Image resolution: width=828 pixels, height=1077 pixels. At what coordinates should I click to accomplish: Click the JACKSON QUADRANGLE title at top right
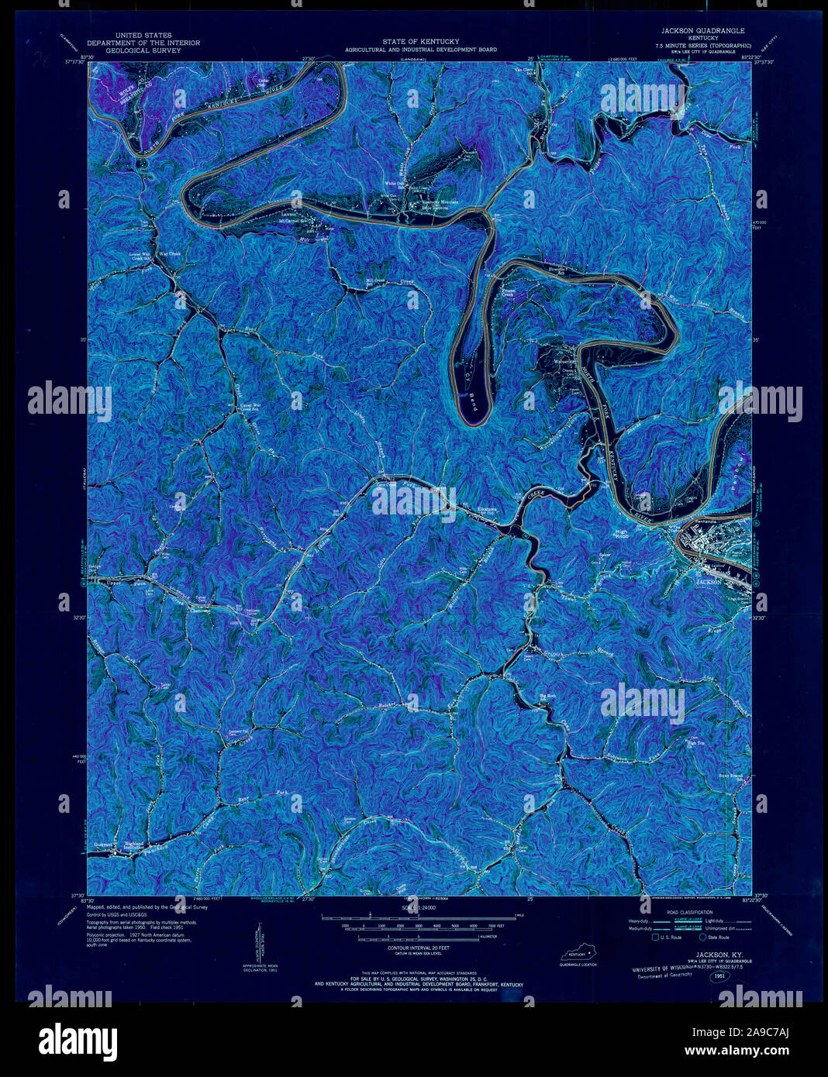[x=702, y=30]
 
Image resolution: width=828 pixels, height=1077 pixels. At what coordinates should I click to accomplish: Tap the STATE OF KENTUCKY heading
[x=420, y=41]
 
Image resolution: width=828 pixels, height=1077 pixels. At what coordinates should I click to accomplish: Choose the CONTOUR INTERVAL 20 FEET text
[x=419, y=948]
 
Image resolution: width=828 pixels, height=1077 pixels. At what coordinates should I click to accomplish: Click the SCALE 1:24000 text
[x=419, y=907]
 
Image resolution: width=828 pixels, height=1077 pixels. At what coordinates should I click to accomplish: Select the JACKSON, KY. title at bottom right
[x=716, y=955]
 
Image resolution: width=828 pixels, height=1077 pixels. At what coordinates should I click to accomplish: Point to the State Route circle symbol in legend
[x=702, y=938]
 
